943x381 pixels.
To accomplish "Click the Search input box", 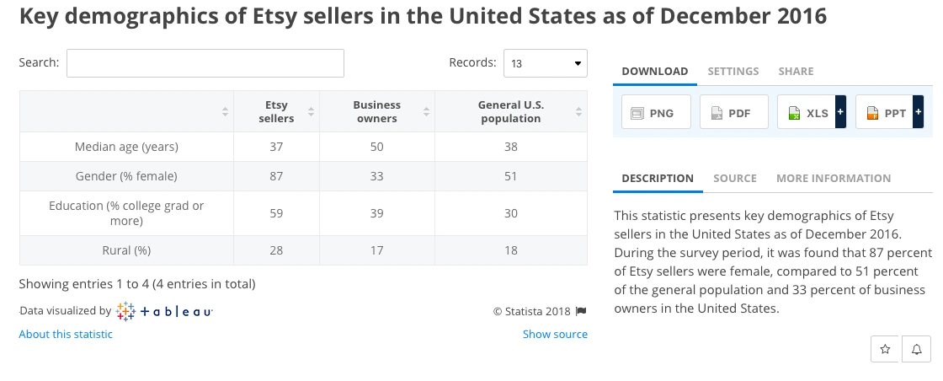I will [x=205, y=63].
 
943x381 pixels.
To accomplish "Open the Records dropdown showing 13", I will [x=545, y=63].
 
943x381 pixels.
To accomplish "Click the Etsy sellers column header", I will [x=276, y=112].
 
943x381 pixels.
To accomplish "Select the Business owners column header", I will [x=376, y=112].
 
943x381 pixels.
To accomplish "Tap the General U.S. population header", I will [x=510, y=112].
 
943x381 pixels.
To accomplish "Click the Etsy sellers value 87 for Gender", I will [x=276, y=176].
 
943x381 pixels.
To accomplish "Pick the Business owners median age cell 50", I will [x=376, y=147].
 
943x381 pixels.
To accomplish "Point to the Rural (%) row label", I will [x=126, y=250].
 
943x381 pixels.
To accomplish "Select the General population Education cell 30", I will [x=510, y=214].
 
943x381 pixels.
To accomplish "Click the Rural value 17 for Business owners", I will [x=376, y=250].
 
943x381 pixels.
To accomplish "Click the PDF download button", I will [x=733, y=112].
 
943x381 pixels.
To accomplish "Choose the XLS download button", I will [x=806, y=112].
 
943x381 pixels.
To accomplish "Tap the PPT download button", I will [x=883, y=112].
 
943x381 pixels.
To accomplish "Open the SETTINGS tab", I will [x=733, y=72].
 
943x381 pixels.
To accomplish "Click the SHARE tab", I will [x=796, y=72].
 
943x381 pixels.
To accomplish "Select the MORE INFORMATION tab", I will [x=833, y=179].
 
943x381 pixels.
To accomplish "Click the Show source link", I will [x=555, y=335].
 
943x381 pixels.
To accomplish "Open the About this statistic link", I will [x=66, y=335].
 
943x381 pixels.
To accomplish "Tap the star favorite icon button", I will [x=884, y=348].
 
